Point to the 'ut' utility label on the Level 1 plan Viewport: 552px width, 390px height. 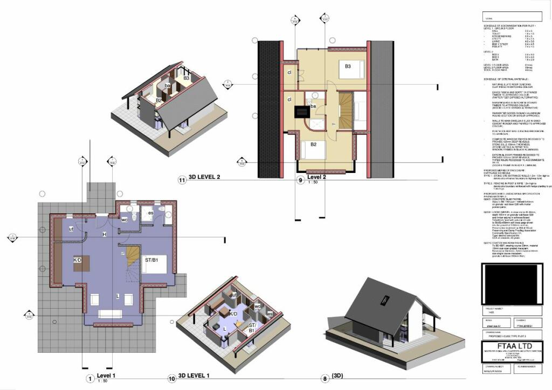[x=71, y=228]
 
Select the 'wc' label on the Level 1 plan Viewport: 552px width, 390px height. [x=125, y=219]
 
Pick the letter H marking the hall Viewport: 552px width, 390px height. [x=104, y=234]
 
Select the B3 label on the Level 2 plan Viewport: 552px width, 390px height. [x=349, y=66]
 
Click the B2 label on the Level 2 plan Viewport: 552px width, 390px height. [x=313, y=144]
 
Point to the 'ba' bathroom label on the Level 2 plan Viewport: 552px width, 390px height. [x=313, y=106]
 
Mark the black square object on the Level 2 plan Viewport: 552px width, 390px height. [x=300, y=111]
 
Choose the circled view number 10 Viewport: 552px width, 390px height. [x=172, y=379]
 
